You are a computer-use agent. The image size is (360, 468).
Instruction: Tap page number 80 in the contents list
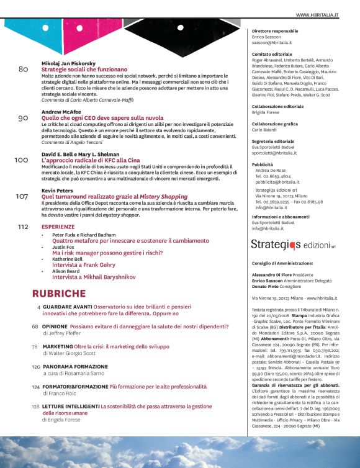(23, 70)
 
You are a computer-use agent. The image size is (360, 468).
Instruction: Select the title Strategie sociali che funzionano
(84, 70)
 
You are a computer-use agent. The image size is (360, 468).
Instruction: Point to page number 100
(20, 160)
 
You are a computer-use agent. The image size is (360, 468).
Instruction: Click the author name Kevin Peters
(57, 190)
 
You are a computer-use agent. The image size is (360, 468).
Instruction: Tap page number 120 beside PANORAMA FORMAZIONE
(36, 367)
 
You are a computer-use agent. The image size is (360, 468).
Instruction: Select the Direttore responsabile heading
(276, 30)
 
